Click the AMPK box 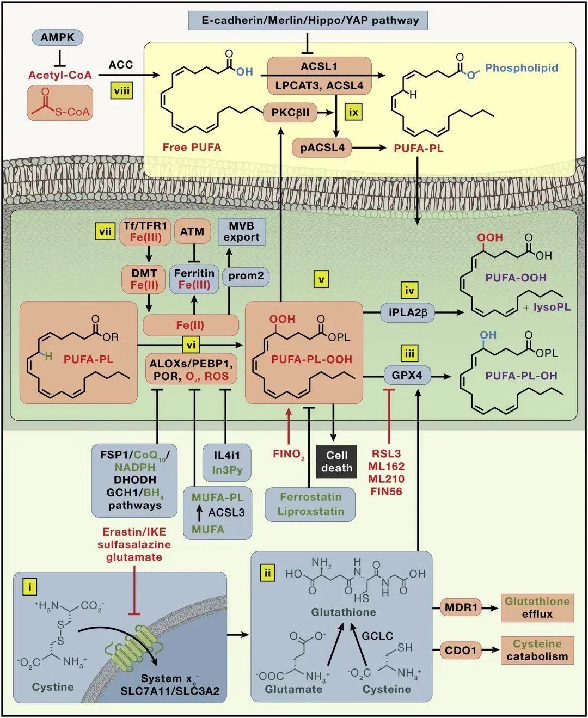[x=58, y=38]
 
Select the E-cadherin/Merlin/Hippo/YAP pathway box [x=308, y=21]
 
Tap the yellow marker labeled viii [x=121, y=91]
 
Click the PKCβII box [x=290, y=112]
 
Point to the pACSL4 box [x=322, y=148]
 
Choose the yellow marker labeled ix [x=353, y=112]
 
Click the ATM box [x=192, y=232]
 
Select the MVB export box [x=241, y=231]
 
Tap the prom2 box [x=246, y=276]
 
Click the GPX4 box [x=407, y=376]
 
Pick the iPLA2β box [x=407, y=312]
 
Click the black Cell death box [x=336, y=462]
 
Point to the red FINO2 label [x=289, y=455]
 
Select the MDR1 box [x=461, y=607]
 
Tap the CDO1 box [x=461, y=651]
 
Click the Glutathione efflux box [x=537, y=607]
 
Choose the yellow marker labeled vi [x=191, y=345]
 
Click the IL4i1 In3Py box [x=226, y=462]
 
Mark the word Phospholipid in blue [x=521, y=67]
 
